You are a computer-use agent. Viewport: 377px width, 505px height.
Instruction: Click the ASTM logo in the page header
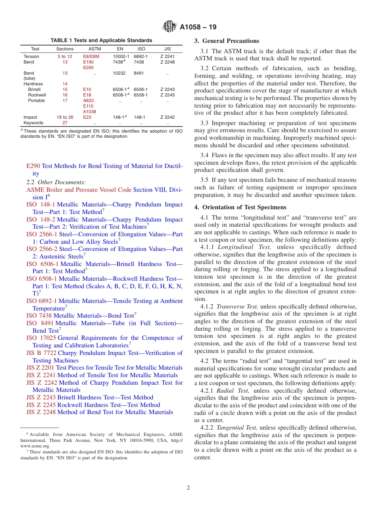pyautogui.click(x=169, y=27)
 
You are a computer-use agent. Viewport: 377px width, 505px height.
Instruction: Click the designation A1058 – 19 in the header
pyautogui.click(x=198, y=27)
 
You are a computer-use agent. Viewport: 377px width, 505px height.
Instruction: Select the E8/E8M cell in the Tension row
pyautogui.click(x=91, y=56)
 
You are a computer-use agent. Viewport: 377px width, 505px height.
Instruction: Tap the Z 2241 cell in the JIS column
pyautogui.click(x=167, y=56)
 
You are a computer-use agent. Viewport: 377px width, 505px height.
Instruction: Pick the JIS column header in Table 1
pyautogui.click(x=167, y=49)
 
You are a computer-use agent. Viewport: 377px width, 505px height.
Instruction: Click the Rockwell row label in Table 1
pyautogui.click(x=37, y=95)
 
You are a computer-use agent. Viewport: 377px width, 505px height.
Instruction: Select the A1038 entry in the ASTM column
pyautogui.click(x=89, y=112)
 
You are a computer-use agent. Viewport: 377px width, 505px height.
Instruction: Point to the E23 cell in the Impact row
pyautogui.click(x=87, y=117)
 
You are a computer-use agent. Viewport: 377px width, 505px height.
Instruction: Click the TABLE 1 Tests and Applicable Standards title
pyautogui.click(x=101, y=40)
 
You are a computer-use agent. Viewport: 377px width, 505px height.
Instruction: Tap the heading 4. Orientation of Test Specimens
pyautogui.click(x=240, y=207)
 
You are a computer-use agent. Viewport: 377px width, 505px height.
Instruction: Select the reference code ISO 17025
pyautogui.click(x=41, y=338)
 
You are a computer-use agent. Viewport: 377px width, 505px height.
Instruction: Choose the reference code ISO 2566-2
pyautogui.click(x=42, y=249)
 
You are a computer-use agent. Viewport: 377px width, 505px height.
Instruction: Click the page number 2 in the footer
pyautogui.click(x=188, y=488)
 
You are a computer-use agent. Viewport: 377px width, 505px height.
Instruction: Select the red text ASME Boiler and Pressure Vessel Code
pyautogui.click(x=79, y=190)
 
